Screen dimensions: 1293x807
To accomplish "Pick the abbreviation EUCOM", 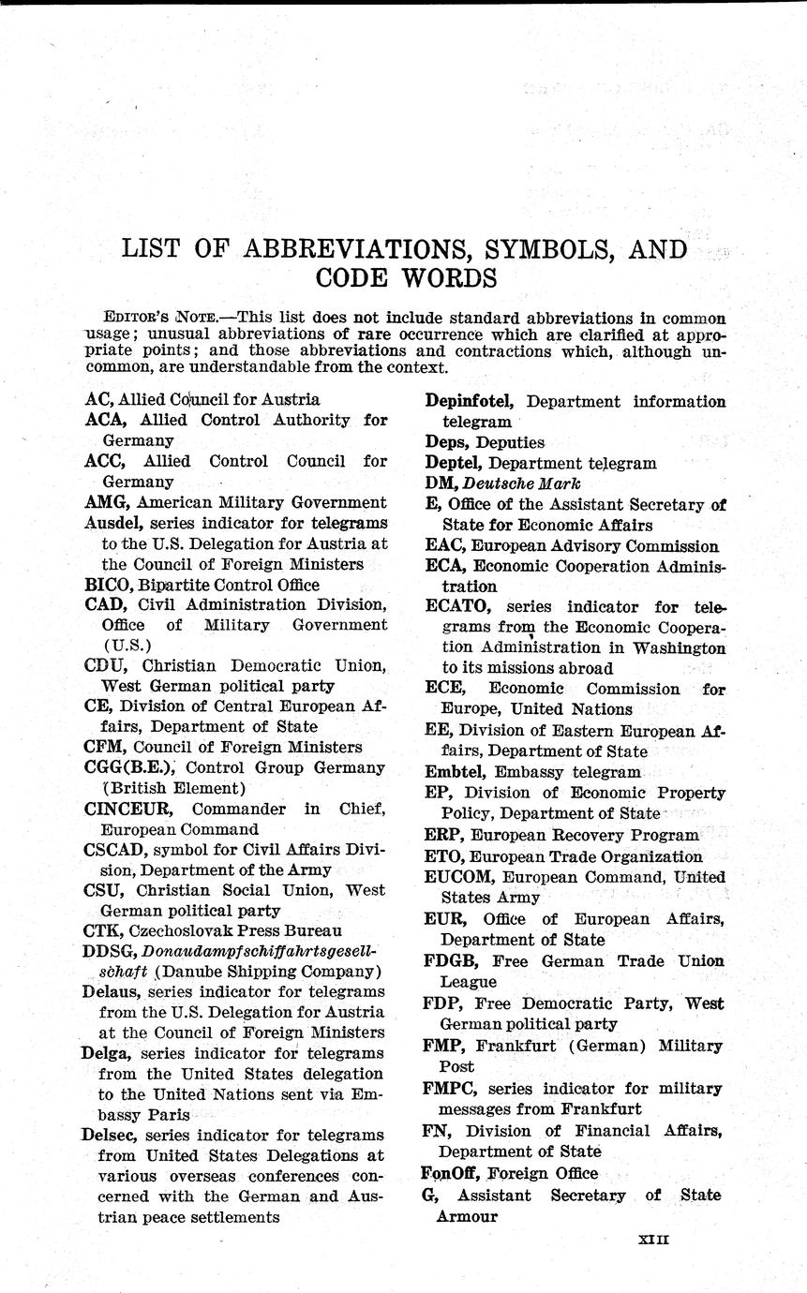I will tap(458, 878).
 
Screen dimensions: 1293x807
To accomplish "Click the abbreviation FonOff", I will tap(446, 1173).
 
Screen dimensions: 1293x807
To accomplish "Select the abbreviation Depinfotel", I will tap(469, 401).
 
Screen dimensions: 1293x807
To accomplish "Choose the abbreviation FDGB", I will tap(453, 961).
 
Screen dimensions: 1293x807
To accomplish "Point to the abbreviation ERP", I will tap(441, 835).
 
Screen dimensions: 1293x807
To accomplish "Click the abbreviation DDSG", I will tap(109, 952).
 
